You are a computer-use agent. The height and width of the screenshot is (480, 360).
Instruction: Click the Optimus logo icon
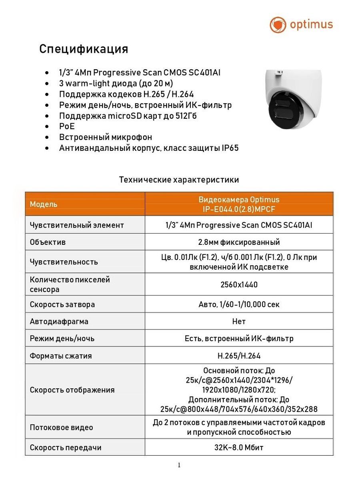tap(278, 25)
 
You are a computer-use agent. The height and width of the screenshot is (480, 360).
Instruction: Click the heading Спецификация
tap(84, 49)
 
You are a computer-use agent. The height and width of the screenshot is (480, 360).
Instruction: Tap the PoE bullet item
tap(67, 126)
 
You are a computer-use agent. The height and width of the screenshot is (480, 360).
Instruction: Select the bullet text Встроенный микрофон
tap(106, 137)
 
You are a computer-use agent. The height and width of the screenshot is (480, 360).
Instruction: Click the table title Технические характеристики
tap(179, 180)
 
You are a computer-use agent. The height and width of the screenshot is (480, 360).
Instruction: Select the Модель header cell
tap(44, 204)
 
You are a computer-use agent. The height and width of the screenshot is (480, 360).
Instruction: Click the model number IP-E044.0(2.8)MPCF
tap(239, 209)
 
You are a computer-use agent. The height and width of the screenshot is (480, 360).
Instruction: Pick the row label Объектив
tap(48, 242)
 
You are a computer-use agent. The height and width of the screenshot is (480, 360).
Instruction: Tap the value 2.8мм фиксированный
tap(239, 242)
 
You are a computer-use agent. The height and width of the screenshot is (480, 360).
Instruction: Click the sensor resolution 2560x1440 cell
tap(239, 284)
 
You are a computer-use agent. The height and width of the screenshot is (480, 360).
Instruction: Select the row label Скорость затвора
tap(62, 304)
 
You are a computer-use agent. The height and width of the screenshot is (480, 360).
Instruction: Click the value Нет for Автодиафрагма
tap(239, 321)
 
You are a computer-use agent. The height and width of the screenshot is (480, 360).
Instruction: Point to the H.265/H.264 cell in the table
tap(239, 356)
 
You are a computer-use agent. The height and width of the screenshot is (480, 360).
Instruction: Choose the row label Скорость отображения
tap(72, 390)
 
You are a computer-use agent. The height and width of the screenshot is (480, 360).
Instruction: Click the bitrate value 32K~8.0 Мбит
tap(239, 448)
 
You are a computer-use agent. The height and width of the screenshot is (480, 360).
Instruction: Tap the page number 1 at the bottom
tap(179, 465)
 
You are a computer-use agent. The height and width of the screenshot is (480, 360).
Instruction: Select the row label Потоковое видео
tap(61, 427)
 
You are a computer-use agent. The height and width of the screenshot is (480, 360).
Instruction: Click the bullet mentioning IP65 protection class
tap(149, 148)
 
